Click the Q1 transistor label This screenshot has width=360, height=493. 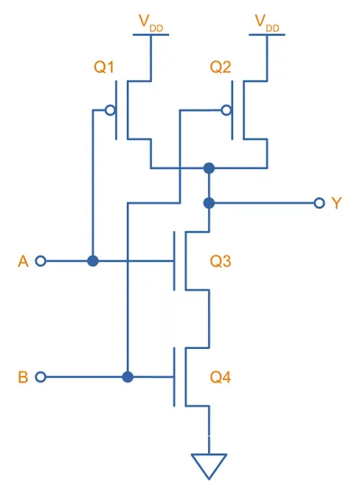pyautogui.click(x=103, y=67)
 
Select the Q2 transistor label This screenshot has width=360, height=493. pyautogui.click(x=220, y=67)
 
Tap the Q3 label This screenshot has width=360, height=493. pyautogui.click(x=220, y=261)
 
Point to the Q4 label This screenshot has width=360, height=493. pyautogui.click(x=220, y=377)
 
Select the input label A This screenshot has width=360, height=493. pyautogui.click(x=23, y=261)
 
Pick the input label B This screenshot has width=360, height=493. pyautogui.click(x=23, y=377)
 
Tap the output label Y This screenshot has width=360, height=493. pyautogui.click(x=337, y=203)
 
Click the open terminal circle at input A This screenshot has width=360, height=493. pyautogui.click(x=40, y=261)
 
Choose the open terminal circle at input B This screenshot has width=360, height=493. pyautogui.click(x=40, y=377)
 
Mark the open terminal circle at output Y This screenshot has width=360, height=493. pyautogui.click(x=319, y=203)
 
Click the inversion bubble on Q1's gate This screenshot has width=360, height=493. pyautogui.click(x=110, y=111)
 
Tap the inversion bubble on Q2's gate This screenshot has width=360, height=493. pyautogui.click(x=226, y=111)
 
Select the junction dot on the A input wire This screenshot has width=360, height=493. pyautogui.click(x=93, y=261)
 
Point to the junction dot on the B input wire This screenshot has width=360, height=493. pyautogui.click(x=128, y=377)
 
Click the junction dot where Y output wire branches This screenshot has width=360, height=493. pyautogui.click(x=209, y=203)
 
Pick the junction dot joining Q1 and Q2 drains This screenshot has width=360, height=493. pyautogui.click(x=209, y=168)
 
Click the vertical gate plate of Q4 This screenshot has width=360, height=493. pyautogui.click(x=175, y=377)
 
